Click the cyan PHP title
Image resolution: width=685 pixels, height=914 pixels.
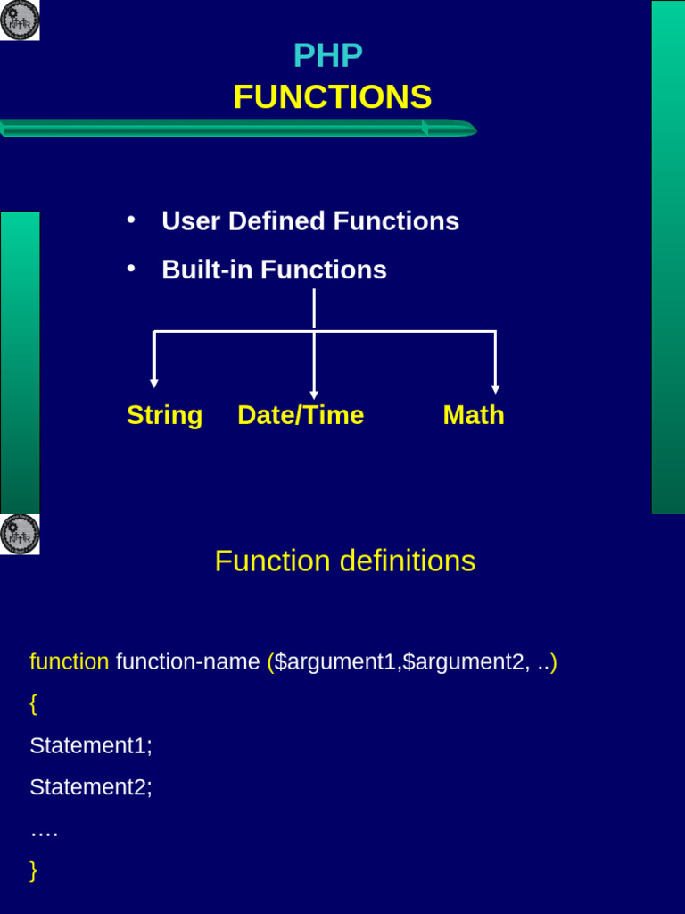pyautogui.click(x=327, y=56)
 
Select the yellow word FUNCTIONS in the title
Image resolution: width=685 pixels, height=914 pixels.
pyautogui.click(x=332, y=97)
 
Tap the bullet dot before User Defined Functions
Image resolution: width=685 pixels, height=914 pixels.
pyautogui.click(x=131, y=220)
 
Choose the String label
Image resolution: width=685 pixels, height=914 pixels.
pyautogui.click(x=164, y=415)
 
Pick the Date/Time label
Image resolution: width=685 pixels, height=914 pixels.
pyautogui.click(x=301, y=415)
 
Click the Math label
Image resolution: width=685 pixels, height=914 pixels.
pyautogui.click(x=474, y=415)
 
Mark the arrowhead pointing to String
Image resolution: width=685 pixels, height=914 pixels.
pyautogui.click(x=154, y=383)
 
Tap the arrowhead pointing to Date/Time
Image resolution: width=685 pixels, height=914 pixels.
pyautogui.click(x=314, y=395)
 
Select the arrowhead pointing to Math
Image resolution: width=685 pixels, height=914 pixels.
pyautogui.click(x=495, y=389)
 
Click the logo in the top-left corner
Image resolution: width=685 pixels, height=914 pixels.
pyautogui.click(x=20, y=20)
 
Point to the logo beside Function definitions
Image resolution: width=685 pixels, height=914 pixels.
pyautogui.click(x=20, y=534)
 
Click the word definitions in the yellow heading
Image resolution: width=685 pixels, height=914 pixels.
pyautogui.click(x=406, y=561)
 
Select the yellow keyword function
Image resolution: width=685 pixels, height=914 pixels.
pyautogui.click(x=69, y=662)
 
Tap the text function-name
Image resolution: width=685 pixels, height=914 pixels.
pyautogui.click(x=187, y=662)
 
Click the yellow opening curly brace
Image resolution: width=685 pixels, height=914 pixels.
pyautogui.click(x=33, y=703)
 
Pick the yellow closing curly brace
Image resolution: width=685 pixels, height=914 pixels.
pyautogui.click(x=33, y=870)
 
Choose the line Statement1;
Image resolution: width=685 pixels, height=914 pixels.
pyautogui.click(x=90, y=745)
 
